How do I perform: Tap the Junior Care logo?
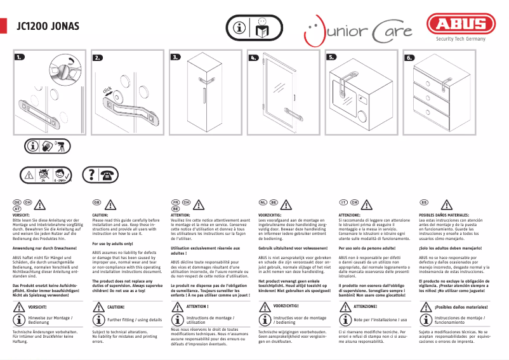pyautogui.click(x=357, y=30)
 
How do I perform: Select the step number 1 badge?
pyautogui.click(x=21, y=57)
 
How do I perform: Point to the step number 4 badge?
pyautogui.click(x=254, y=57)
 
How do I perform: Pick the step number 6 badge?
pyautogui.click(x=409, y=57)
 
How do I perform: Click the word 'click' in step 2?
pyautogui.click(x=109, y=93)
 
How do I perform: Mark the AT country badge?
pyautogui.click(x=17, y=208)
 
